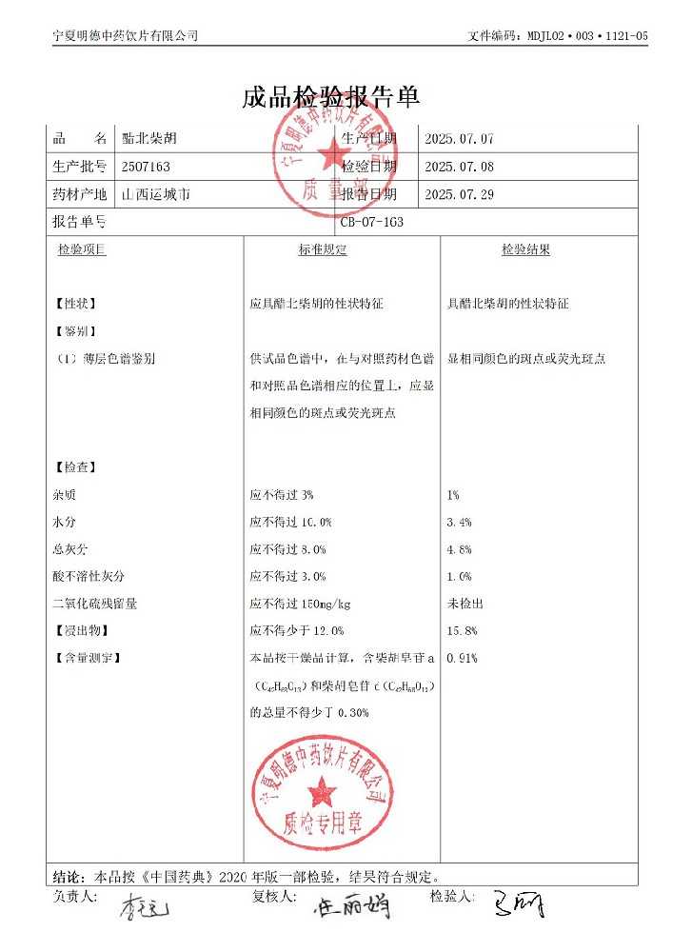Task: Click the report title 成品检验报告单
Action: point(331,97)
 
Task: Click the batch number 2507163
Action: point(147,167)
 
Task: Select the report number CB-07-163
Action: point(374,223)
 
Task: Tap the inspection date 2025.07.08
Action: point(459,167)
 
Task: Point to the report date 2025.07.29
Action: point(459,194)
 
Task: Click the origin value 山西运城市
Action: point(156,194)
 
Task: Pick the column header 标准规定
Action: point(323,250)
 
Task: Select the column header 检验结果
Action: point(525,250)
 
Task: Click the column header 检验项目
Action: point(82,250)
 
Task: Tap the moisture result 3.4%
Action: point(459,523)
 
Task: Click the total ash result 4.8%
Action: point(459,550)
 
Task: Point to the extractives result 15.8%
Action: point(462,631)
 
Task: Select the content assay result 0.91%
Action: point(462,658)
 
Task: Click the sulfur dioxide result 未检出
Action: point(465,604)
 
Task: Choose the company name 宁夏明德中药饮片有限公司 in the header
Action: point(125,35)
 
